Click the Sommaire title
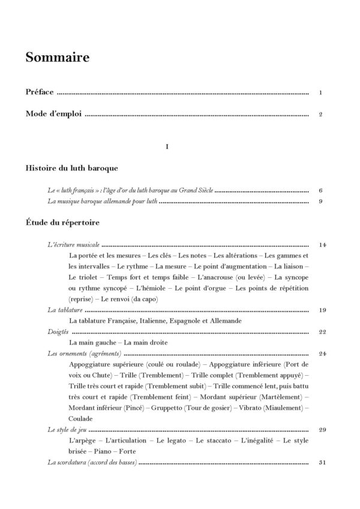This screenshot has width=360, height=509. (x=58, y=58)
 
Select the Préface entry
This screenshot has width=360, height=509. (x=40, y=93)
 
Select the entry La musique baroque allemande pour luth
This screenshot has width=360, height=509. (x=102, y=202)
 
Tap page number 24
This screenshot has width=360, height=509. (x=322, y=354)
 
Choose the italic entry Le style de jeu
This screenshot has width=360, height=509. (x=67, y=430)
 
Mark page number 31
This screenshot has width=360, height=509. (x=322, y=463)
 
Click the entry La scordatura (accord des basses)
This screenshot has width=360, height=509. (x=92, y=463)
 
